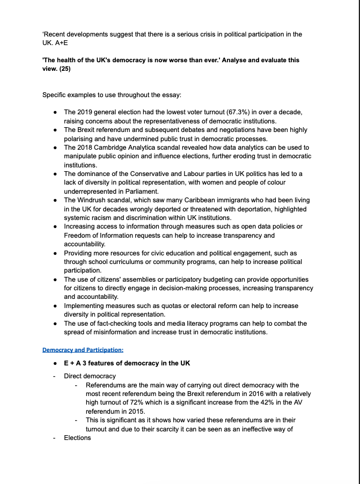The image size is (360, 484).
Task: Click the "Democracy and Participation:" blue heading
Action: [83, 350]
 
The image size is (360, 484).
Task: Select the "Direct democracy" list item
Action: [90, 376]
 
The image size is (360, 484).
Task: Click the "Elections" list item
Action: [77, 438]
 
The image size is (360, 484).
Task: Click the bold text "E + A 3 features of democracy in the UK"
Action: [127, 363]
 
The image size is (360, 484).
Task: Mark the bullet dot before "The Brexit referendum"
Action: [56, 130]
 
